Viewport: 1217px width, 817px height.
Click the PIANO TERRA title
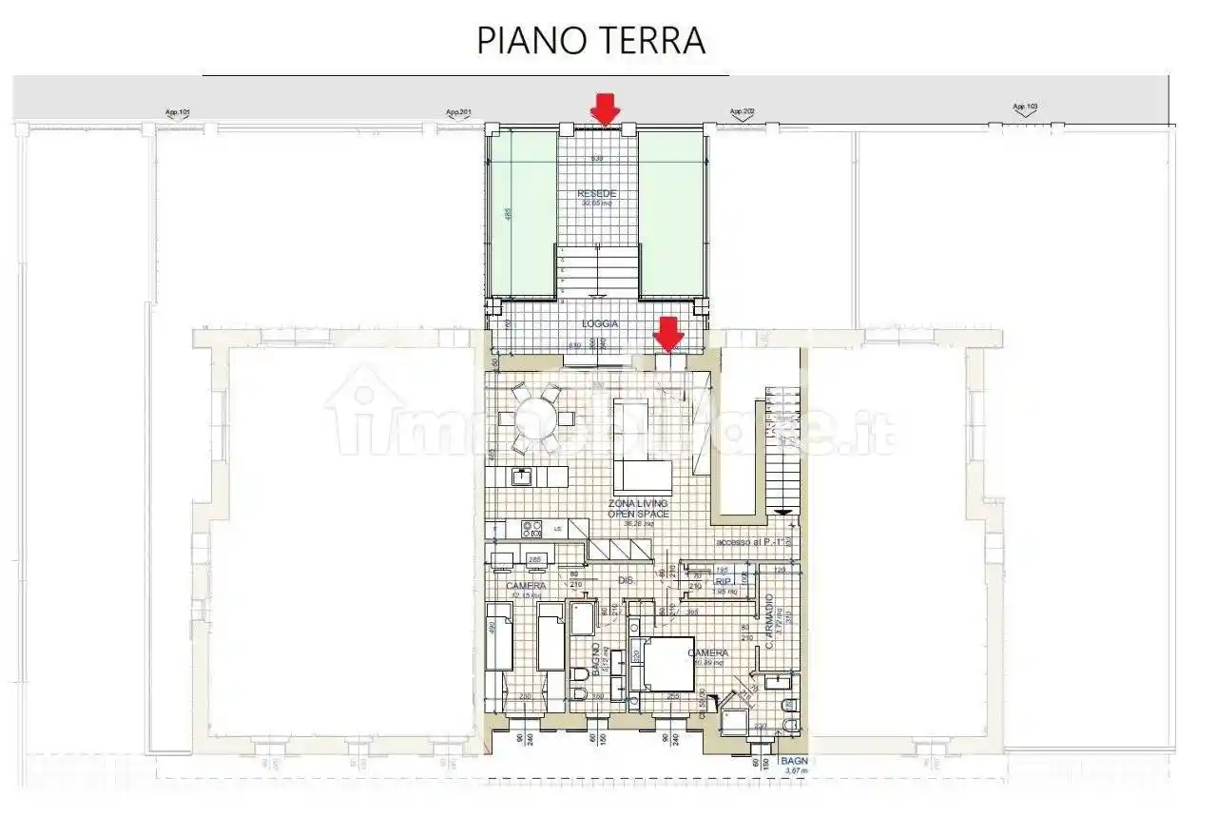coord(590,41)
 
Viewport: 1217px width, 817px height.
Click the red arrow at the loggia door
coord(669,334)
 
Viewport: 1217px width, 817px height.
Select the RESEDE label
coord(597,194)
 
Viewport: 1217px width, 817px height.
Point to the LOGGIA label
coord(600,324)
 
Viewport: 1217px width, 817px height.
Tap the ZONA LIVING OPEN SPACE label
coord(638,508)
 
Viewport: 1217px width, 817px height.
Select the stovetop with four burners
coord(531,528)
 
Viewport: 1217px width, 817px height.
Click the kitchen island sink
coord(522,477)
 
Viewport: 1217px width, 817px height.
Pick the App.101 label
coord(178,113)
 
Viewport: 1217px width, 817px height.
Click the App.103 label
coord(1025,107)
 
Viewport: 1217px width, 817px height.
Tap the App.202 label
coord(742,112)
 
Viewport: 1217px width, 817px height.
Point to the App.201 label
coord(458,112)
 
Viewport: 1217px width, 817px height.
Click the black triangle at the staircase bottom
coord(782,513)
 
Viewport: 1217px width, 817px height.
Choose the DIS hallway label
coord(626,579)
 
